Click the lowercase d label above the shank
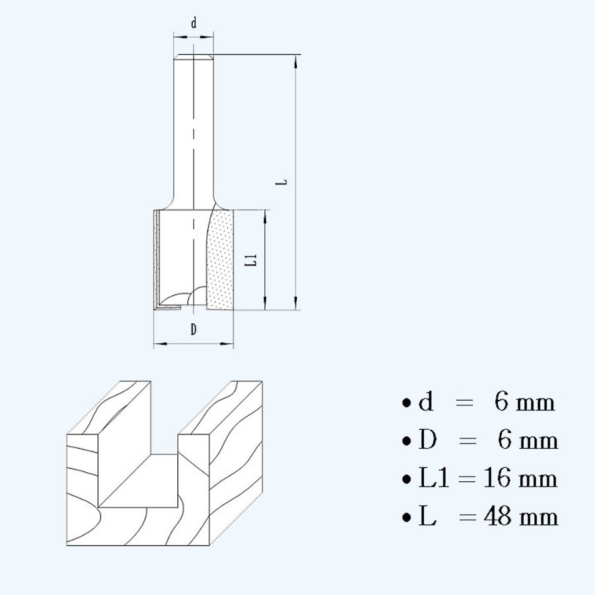(194, 23)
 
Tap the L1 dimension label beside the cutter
(251, 260)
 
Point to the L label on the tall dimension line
(282, 180)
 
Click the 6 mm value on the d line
(525, 402)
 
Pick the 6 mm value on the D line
(528, 440)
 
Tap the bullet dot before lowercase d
(406, 403)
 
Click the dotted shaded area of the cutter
(221, 264)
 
